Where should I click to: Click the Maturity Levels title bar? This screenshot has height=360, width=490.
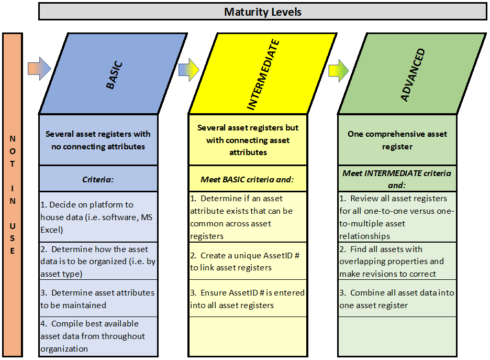tap(262, 12)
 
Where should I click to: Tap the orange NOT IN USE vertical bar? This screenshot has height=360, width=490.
tap(13, 195)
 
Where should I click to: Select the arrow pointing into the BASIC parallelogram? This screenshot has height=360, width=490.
tap(39, 69)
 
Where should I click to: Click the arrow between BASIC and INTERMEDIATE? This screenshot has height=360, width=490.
tap(189, 70)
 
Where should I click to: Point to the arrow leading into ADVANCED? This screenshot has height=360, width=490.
tap(338, 71)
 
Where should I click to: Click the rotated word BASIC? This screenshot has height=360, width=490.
tap(114, 75)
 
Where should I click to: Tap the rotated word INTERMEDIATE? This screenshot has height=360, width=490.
tap(263, 75)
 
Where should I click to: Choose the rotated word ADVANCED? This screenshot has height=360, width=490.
tap(413, 75)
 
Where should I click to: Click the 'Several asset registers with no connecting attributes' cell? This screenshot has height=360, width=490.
tap(98, 140)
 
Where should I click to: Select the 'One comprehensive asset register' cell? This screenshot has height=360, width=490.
tap(397, 140)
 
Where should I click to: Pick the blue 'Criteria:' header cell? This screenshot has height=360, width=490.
tap(98, 179)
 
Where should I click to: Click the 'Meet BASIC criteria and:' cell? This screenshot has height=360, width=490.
tap(248, 179)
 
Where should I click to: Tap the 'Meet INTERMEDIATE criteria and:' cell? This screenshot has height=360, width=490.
tap(397, 179)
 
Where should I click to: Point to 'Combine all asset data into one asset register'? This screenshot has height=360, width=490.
tap(397, 299)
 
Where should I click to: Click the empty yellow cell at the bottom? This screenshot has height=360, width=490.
tap(248, 336)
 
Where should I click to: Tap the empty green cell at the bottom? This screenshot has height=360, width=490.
tap(397, 336)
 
